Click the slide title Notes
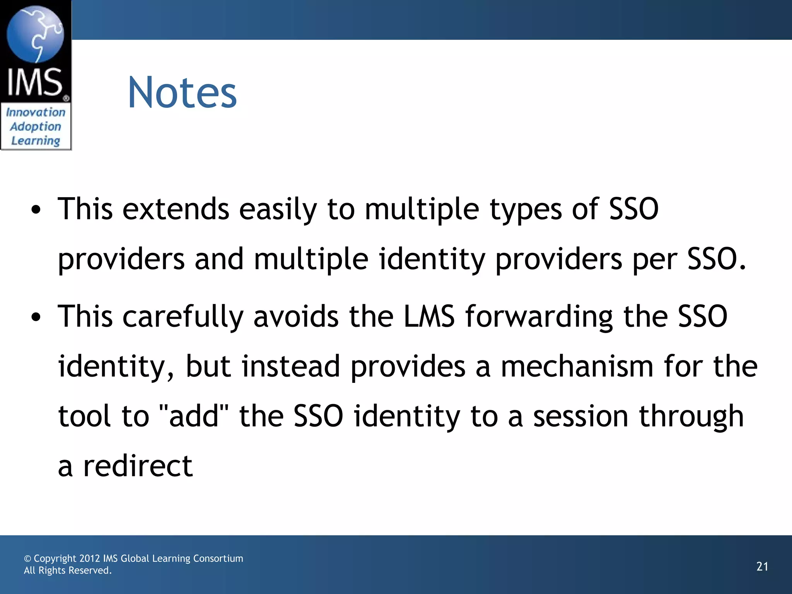[182, 93]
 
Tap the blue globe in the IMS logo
[35, 34]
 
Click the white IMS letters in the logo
[35, 82]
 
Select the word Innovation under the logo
[36, 112]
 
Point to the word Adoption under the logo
[36, 126]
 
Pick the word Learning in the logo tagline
[36, 141]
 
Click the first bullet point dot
[36, 210]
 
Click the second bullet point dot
[36, 317]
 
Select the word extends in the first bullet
[176, 209]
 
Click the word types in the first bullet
[526, 210]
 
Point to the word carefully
[183, 317]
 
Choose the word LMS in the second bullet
[429, 316]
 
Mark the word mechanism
[577, 366]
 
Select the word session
[580, 416]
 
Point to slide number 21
[762, 567]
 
